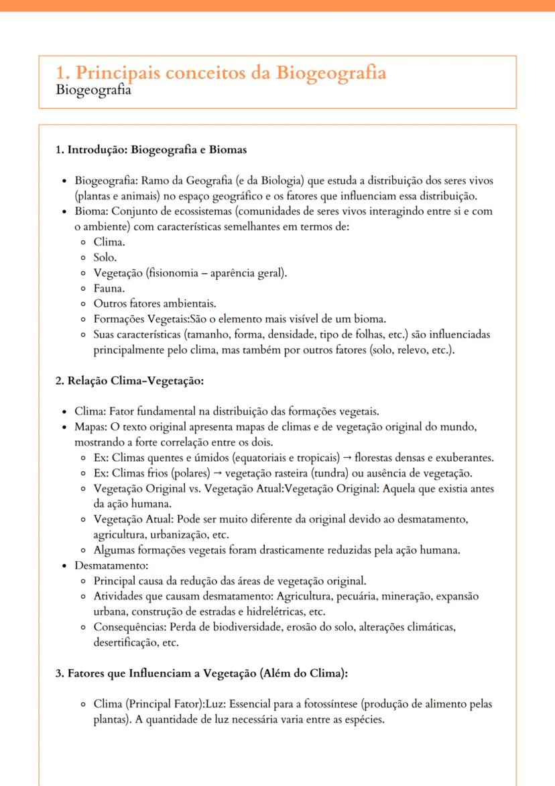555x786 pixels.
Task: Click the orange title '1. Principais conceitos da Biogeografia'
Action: point(221,72)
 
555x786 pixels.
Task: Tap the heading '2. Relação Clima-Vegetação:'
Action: point(129,381)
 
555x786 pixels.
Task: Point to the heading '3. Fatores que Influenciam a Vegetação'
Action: point(201,673)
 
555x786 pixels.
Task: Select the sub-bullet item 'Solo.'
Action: point(106,258)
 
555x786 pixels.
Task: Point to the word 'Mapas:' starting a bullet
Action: point(92,427)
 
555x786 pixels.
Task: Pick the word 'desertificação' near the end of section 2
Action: point(125,642)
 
